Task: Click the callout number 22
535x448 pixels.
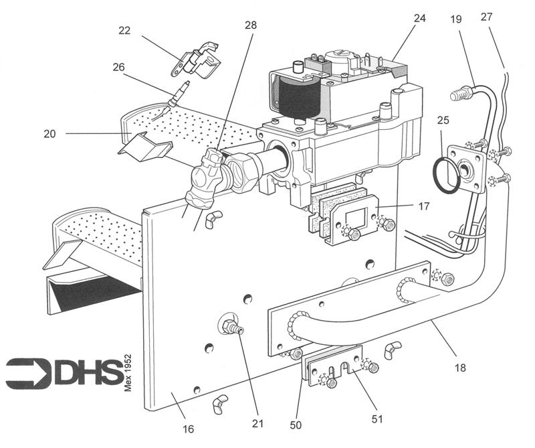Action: point(124,30)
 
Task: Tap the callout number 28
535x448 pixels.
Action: point(251,25)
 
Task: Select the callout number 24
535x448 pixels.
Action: point(420,18)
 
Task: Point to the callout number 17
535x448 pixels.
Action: point(424,206)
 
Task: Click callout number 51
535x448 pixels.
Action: point(377,419)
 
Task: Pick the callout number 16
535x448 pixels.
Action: point(189,429)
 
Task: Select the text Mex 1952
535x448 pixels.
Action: point(128,373)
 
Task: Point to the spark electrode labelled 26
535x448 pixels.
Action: point(178,93)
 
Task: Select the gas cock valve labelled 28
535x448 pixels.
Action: point(205,177)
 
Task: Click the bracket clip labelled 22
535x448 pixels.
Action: point(195,60)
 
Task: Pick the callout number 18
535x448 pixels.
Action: point(460,368)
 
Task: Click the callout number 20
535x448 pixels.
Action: point(49,134)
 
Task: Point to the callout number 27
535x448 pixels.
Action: point(487,16)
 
